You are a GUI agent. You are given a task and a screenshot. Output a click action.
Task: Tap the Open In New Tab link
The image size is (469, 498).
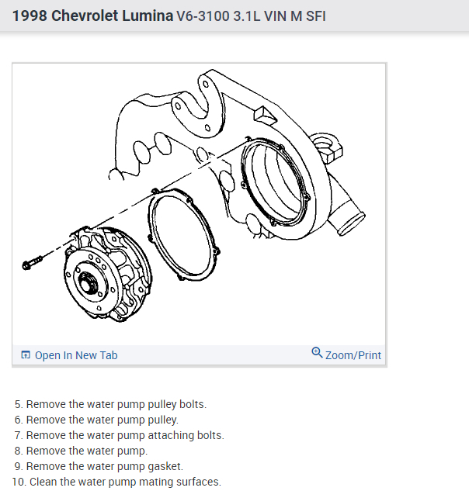tap(76, 355)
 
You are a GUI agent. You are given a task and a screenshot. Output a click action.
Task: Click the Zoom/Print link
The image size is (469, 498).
tap(353, 355)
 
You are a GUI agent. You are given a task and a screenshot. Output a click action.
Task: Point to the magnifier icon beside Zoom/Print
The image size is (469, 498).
tap(317, 353)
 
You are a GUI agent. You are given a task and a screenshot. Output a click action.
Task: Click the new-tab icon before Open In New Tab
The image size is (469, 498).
tap(26, 355)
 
